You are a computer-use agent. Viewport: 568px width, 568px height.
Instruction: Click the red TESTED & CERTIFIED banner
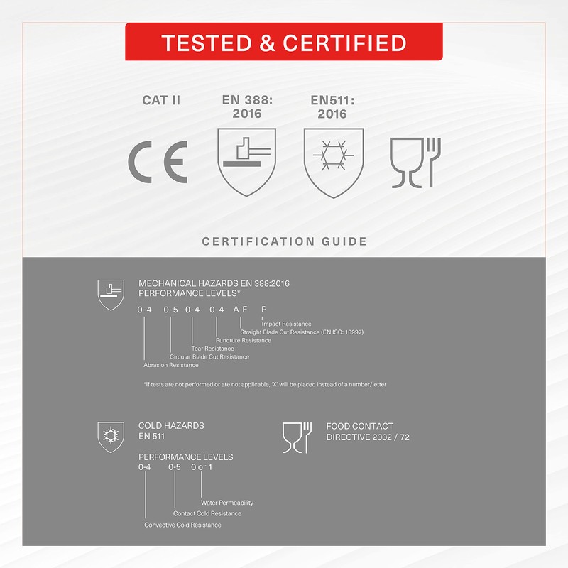click(283, 42)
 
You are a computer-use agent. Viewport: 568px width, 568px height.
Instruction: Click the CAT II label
click(161, 100)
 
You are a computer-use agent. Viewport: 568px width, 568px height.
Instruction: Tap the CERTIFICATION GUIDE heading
click(285, 241)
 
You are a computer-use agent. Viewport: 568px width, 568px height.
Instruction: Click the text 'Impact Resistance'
click(286, 324)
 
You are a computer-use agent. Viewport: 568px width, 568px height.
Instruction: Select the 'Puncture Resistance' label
click(244, 340)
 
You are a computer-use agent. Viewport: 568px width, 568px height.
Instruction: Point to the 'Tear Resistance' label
click(212, 349)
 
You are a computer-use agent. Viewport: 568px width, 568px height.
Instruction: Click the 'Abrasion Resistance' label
click(171, 365)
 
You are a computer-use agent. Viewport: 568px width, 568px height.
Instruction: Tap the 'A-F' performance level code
click(240, 310)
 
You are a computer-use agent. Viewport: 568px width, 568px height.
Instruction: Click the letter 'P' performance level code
click(264, 310)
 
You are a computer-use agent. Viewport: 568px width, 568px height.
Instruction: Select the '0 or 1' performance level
click(202, 467)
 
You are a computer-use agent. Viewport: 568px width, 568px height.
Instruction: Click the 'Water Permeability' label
click(227, 503)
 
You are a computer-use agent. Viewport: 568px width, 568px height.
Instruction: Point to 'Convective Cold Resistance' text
click(182, 525)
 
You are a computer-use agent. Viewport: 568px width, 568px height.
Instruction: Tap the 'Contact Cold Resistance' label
click(207, 513)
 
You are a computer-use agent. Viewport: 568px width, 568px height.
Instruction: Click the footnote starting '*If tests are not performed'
click(265, 384)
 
